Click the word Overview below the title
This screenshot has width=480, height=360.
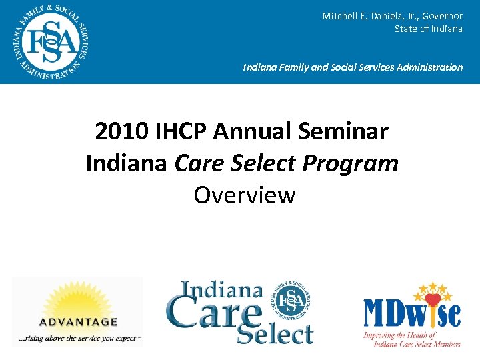[x=244, y=195]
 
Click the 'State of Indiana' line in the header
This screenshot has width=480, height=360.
[x=428, y=29]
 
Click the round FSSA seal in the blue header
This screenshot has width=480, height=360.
[x=51, y=41]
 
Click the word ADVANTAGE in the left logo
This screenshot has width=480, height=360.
[x=79, y=321]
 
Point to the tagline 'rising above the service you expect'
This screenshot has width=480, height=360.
[x=79, y=339]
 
